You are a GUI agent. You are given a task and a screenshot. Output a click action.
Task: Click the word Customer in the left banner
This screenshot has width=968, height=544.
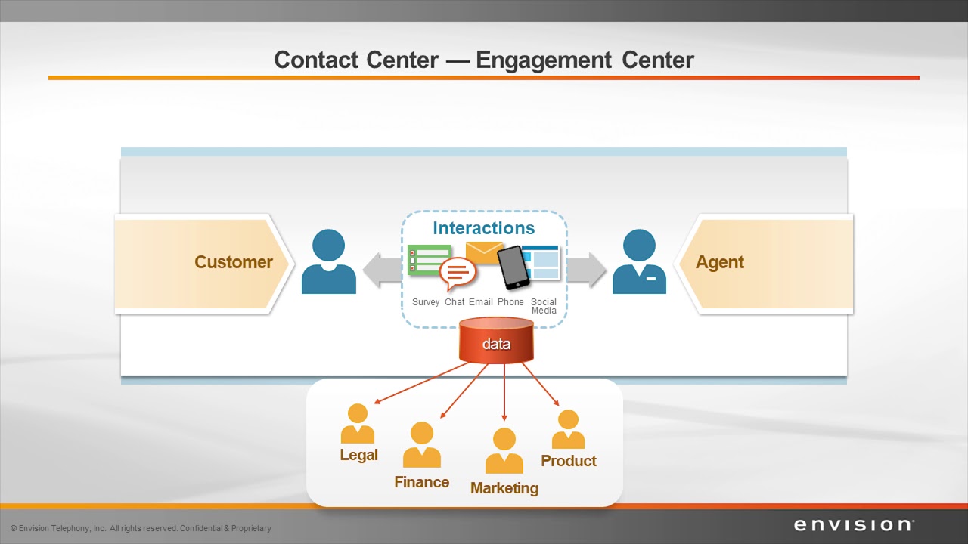233,262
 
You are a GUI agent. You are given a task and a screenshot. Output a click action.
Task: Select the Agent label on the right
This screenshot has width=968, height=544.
719,262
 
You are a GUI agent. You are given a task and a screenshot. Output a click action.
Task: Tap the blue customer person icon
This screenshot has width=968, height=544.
328,262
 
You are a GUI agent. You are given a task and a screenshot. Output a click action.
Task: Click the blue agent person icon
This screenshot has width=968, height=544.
639,262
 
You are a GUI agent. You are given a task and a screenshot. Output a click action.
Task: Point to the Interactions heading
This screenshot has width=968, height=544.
483,228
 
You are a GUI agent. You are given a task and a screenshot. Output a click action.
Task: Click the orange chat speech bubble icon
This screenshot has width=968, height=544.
458,274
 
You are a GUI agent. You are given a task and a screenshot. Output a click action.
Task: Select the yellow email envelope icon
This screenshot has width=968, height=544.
484,252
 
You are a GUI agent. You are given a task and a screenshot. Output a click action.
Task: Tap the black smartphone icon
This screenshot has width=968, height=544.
513,267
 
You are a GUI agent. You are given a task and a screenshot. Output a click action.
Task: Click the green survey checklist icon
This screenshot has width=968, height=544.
427,260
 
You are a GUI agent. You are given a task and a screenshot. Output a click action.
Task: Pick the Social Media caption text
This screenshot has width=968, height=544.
544,306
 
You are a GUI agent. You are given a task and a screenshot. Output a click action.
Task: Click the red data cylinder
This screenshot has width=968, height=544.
496,342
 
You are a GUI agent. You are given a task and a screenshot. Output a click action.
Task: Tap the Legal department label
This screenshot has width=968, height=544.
358,456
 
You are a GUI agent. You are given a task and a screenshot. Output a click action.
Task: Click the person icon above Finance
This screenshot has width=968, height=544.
421,445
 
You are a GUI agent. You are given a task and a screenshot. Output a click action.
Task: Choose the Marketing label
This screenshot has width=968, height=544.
504,488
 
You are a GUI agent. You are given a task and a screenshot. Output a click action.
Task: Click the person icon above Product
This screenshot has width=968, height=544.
568,429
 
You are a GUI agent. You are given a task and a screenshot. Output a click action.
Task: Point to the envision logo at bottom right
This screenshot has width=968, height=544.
854,525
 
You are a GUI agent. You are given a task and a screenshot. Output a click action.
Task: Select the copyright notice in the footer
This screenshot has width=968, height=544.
141,528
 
